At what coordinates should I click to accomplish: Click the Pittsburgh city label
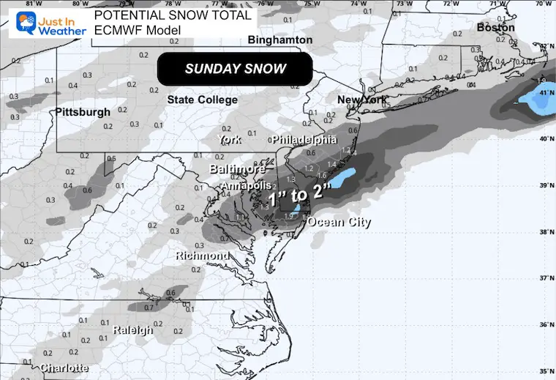(83, 112)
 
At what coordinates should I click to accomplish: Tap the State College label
(203, 100)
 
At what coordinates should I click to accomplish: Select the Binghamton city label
(280, 40)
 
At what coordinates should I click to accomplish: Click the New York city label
(361, 100)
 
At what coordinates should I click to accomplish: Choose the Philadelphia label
(304, 139)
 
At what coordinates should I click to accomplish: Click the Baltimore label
(238, 169)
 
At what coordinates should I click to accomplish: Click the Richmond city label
(202, 256)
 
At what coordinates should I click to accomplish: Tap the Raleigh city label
(133, 330)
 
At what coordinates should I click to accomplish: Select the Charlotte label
(65, 368)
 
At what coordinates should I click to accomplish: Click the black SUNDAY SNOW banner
(235, 70)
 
